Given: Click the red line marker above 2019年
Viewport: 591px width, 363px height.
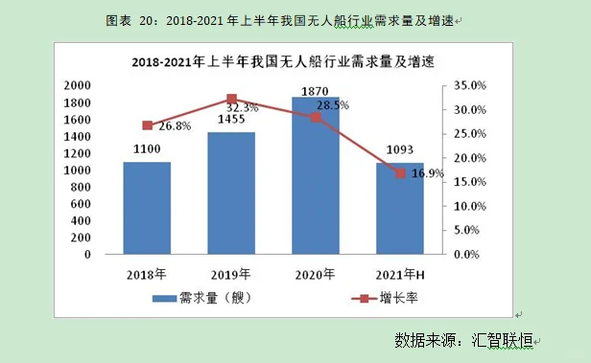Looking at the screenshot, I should (x=231, y=99).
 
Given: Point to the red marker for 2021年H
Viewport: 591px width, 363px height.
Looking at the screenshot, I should (x=400, y=172).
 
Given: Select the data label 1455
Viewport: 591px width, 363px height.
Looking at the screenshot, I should (x=230, y=120).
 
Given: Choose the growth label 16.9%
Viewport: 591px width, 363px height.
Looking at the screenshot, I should (x=427, y=174).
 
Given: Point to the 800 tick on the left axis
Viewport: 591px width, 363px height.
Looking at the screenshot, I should (x=82, y=187).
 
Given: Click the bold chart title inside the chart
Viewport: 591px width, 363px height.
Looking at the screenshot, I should (x=283, y=63).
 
